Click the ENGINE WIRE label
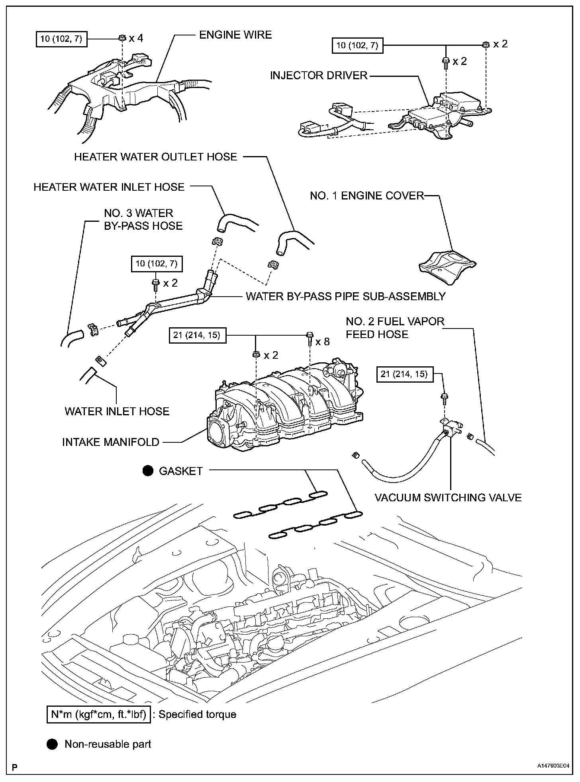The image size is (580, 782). pyautogui.click(x=235, y=35)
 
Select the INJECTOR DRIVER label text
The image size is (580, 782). pyautogui.click(x=319, y=76)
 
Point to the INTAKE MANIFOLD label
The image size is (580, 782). pyautogui.click(x=111, y=442)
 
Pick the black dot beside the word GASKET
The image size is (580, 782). pyautogui.click(x=148, y=471)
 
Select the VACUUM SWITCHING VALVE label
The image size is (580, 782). pyautogui.click(x=448, y=498)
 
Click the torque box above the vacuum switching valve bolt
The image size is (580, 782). pyautogui.click(x=405, y=374)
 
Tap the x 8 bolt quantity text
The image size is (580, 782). pyautogui.click(x=322, y=342)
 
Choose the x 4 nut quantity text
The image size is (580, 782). pyautogui.click(x=136, y=38)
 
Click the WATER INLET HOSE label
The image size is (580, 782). pyautogui.click(x=117, y=411)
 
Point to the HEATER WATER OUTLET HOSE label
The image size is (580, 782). pyautogui.click(x=156, y=157)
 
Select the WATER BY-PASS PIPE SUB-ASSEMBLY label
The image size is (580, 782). pyautogui.click(x=345, y=296)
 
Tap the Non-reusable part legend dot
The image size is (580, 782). pyautogui.click(x=52, y=744)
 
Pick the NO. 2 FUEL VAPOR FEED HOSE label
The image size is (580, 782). pyautogui.click(x=395, y=327)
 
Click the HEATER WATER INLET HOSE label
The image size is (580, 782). pyautogui.click(x=109, y=187)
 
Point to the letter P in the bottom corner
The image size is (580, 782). pyautogui.click(x=14, y=767)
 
